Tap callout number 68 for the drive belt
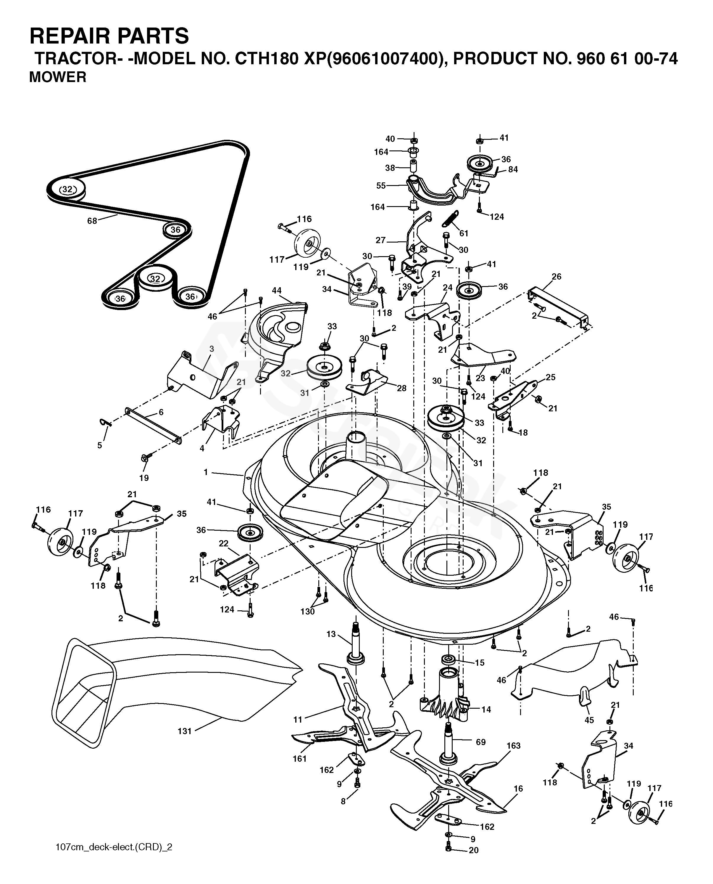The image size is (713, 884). click(92, 221)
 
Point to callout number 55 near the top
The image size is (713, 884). click(381, 186)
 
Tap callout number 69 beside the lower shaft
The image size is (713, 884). click(480, 742)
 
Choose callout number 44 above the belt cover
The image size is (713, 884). click(277, 291)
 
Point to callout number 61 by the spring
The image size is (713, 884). click(464, 234)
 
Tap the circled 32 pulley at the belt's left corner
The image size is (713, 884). click(67, 190)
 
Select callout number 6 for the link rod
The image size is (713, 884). click(161, 412)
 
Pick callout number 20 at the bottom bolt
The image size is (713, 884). click(474, 850)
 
